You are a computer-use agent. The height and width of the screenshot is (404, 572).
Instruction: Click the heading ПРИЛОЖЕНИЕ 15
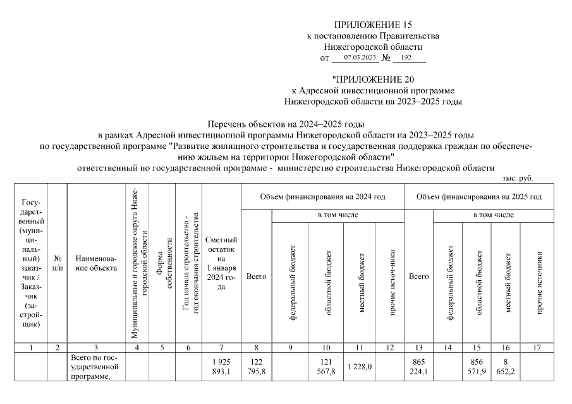point(372,25)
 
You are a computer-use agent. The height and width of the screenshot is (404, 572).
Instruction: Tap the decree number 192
point(406,57)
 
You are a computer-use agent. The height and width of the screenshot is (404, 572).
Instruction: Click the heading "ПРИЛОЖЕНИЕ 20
point(372,79)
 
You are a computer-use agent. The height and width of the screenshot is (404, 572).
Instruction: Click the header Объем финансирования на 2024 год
point(322,197)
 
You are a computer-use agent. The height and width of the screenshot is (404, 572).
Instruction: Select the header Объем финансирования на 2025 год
point(478,197)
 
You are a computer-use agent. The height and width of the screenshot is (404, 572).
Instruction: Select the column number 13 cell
point(418,347)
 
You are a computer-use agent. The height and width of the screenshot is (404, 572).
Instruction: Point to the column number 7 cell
point(221,347)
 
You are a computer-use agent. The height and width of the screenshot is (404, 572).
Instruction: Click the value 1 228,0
point(360,366)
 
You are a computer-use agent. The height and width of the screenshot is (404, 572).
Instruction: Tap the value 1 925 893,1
point(221,366)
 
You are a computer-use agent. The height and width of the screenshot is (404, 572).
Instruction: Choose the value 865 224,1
point(418,366)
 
